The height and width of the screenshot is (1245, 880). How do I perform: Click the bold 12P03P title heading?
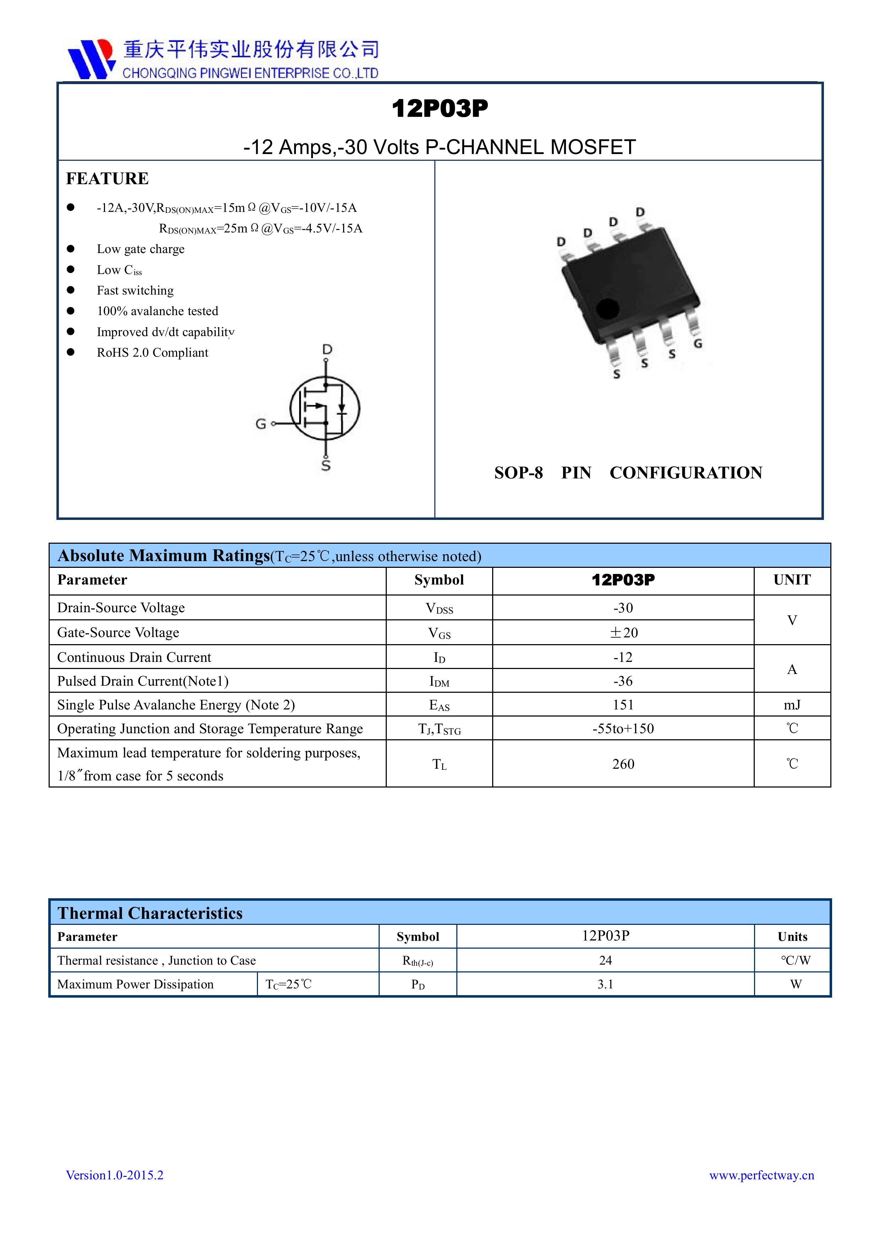(440, 109)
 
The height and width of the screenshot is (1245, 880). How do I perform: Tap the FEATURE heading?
(108, 179)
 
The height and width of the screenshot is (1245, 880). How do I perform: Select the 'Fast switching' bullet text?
(135, 291)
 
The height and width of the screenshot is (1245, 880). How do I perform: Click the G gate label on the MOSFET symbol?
(261, 424)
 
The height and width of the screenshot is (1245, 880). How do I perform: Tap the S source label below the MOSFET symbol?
(326, 466)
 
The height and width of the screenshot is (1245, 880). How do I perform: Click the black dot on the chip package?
(607, 309)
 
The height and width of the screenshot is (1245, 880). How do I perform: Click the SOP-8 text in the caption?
(518, 473)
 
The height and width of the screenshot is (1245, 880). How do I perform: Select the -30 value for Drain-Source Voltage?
(623, 608)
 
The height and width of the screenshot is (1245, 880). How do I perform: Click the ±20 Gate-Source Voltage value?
(623, 632)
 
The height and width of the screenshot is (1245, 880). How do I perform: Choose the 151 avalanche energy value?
(623, 705)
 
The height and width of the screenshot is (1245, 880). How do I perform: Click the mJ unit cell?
(792, 705)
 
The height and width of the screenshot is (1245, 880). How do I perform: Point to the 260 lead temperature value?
(623, 764)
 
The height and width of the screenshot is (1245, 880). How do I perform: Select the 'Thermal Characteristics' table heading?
(150, 913)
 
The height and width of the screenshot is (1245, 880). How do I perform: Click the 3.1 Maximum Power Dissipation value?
(605, 984)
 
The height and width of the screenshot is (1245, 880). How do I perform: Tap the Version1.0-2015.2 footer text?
(114, 1175)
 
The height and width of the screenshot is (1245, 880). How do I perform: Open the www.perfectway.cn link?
(761, 1175)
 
